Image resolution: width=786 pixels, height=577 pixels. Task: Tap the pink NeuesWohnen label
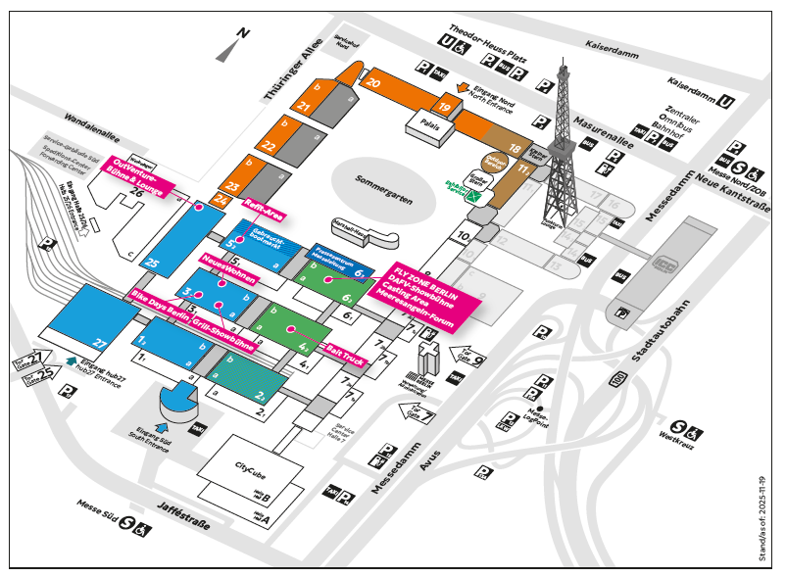tap(228, 269)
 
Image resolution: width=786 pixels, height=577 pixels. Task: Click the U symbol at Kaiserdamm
tap(726, 100)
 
